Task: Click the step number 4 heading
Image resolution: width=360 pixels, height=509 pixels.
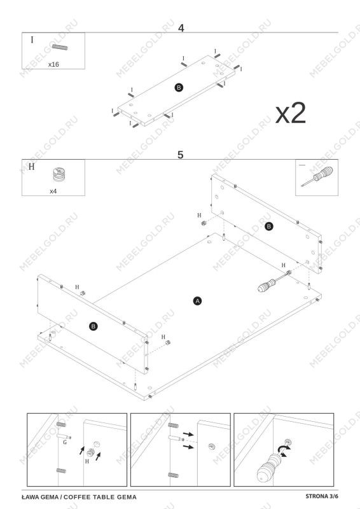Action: (181, 28)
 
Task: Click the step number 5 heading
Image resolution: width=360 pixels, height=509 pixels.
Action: (181, 155)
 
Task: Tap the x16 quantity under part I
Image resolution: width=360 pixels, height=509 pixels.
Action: (53, 64)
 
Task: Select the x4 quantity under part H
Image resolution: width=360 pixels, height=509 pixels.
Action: (53, 192)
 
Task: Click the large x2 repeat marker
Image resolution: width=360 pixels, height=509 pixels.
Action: (291, 113)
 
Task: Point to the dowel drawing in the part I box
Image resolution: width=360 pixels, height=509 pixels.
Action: (60, 47)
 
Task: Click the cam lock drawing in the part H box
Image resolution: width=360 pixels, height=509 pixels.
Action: (58, 174)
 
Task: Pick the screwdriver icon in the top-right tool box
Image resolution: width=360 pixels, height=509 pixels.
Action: (317, 177)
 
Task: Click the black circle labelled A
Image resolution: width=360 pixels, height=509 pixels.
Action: (197, 301)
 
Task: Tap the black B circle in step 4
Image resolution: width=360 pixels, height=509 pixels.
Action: (179, 87)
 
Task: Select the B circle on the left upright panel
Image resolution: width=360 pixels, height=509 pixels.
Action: (93, 326)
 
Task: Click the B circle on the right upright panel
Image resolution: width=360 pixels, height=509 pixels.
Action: (268, 227)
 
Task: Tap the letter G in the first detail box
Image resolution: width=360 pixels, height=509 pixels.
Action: (65, 442)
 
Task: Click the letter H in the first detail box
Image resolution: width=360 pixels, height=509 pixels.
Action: (87, 461)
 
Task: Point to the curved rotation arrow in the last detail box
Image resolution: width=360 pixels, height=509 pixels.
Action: (284, 450)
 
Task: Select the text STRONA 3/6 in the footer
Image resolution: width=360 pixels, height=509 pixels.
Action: (322, 496)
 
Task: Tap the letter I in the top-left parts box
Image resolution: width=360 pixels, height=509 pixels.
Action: (32, 40)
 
